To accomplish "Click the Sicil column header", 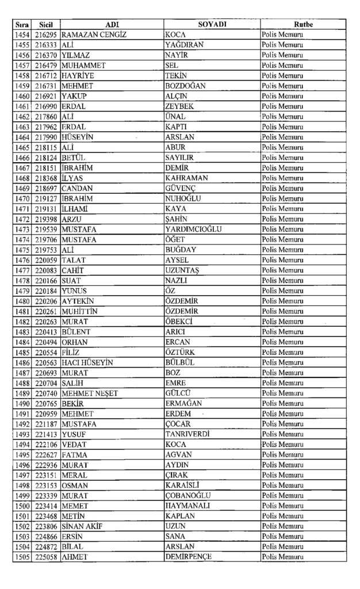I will click(46, 25).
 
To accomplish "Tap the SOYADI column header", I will click(212, 25).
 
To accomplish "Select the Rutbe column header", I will click(303, 25).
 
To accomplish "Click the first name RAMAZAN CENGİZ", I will click(94, 35).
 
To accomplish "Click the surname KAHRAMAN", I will click(186, 178).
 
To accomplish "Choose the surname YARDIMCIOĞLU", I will click(193, 230).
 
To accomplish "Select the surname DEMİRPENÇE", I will click(188, 557).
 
